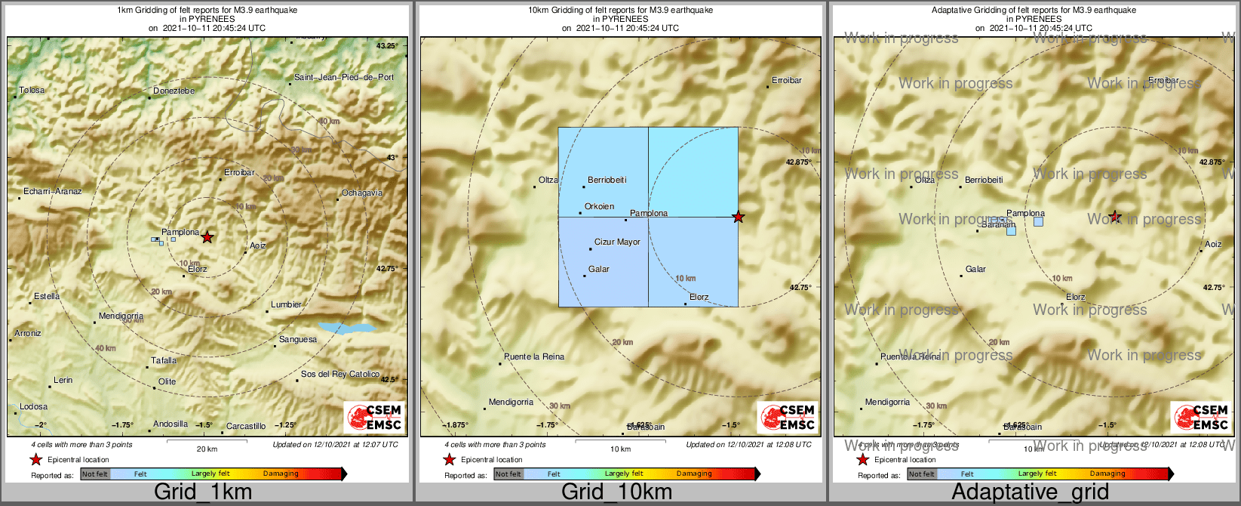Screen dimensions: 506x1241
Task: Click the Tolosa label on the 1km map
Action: (x=32, y=91)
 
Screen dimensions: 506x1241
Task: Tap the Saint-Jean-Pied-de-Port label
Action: (x=344, y=77)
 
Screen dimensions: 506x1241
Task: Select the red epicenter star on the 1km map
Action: (x=207, y=237)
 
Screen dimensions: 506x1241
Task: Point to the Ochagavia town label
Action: (x=362, y=193)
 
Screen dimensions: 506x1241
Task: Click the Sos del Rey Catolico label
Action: (x=340, y=375)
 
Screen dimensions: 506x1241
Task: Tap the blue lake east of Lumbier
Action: (x=346, y=329)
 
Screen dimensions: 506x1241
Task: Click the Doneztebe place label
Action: (x=174, y=91)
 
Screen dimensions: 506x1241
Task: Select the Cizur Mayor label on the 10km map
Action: (x=617, y=242)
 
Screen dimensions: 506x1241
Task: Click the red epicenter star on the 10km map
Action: (x=739, y=218)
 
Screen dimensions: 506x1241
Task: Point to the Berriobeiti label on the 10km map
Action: (x=607, y=180)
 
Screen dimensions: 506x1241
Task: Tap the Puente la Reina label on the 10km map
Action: (x=534, y=357)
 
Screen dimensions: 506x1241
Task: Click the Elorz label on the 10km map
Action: (x=699, y=298)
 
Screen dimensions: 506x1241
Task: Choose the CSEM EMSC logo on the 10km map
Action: (x=788, y=417)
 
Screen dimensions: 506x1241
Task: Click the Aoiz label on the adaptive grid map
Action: (x=1213, y=245)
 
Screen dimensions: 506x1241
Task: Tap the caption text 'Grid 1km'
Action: (x=203, y=492)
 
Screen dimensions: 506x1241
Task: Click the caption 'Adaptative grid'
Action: (x=1030, y=492)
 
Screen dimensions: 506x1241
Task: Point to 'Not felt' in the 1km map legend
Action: (x=95, y=474)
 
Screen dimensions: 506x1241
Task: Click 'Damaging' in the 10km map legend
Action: (x=694, y=474)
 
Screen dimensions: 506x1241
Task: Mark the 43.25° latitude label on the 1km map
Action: (x=387, y=46)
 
